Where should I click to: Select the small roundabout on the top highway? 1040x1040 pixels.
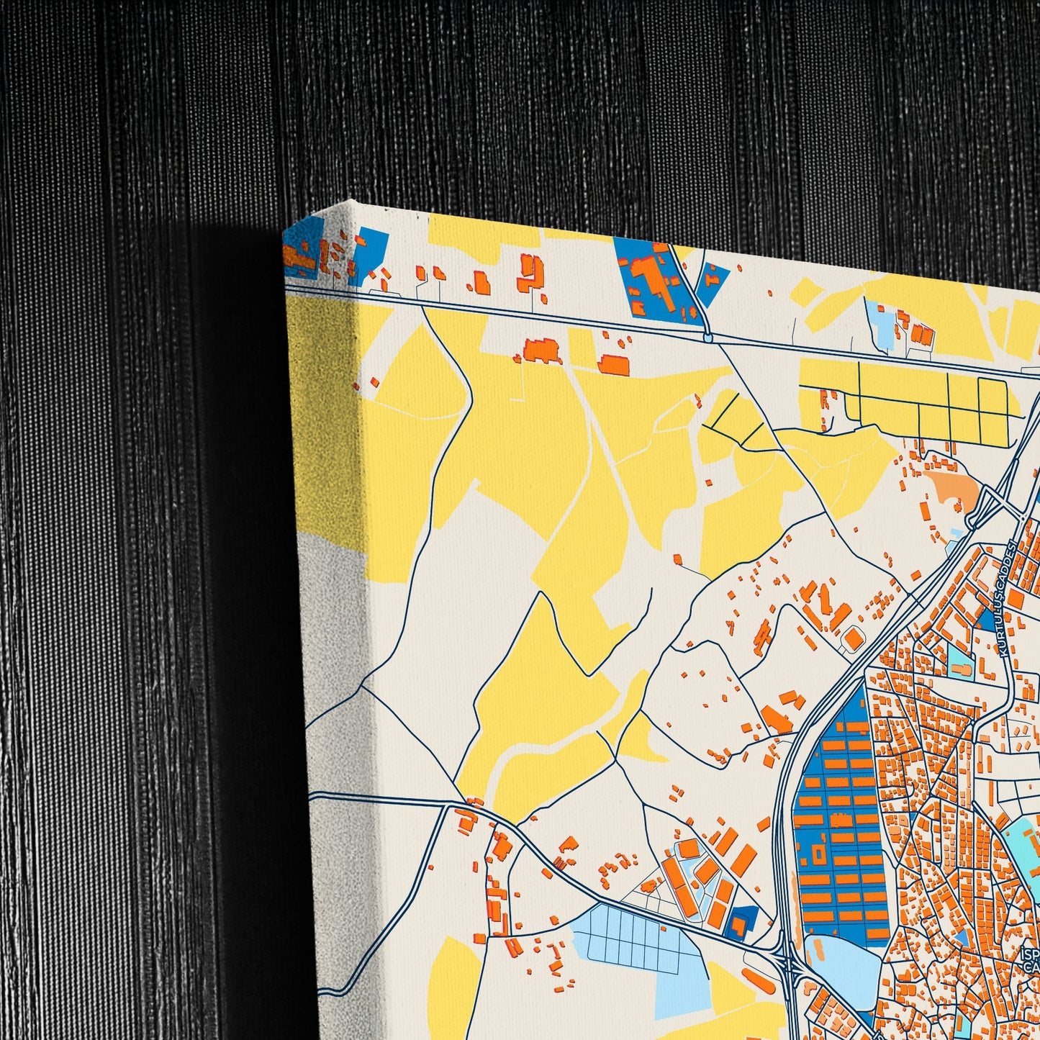[x=708, y=337]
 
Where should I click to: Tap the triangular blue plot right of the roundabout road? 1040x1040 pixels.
[x=712, y=282]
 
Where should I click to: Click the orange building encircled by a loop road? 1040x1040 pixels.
[x=854, y=638]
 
